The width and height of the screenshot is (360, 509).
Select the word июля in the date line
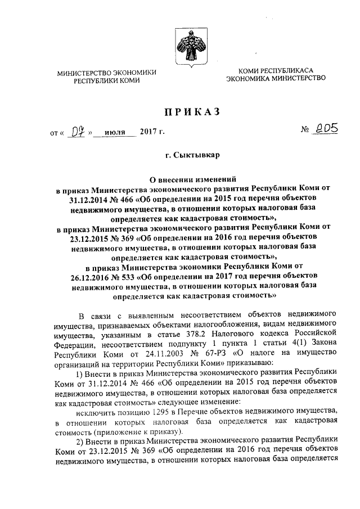115,134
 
